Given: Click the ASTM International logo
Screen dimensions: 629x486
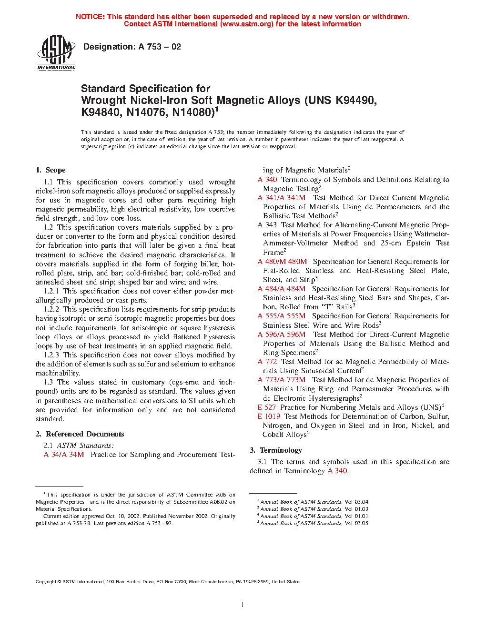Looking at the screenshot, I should pyautogui.click(x=56, y=52).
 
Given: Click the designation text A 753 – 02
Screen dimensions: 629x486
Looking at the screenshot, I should pyautogui.click(x=132, y=47).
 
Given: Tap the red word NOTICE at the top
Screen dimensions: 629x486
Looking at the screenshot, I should pyautogui.click(x=90, y=17).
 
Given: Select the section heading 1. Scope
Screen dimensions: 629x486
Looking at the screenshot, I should pyautogui.click(x=51, y=170).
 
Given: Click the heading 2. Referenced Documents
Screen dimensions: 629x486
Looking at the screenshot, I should pyautogui.click(x=80, y=434).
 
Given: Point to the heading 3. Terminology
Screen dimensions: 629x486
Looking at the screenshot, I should pyautogui.click(x=276, y=450).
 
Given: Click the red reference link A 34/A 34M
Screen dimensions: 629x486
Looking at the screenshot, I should pyautogui.click(x=64, y=455).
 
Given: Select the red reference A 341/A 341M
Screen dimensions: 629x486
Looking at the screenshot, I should pyautogui.click(x=282, y=198).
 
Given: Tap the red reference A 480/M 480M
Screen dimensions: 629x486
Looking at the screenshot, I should pyautogui.click(x=282, y=262).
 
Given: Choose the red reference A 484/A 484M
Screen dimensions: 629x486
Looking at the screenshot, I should pyautogui.click(x=282, y=289).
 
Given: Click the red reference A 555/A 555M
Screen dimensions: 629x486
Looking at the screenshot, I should pyautogui.click(x=282, y=316).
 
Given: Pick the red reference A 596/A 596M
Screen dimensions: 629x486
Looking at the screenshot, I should pyautogui.click(x=282, y=335).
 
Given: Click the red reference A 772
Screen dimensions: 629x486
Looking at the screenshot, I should pyautogui.click(x=267, y=362).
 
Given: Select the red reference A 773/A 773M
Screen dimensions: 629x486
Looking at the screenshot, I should pyautogui.click(x=282, y=380).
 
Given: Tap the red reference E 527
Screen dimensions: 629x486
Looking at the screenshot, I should pyautogui.click(x=267, y=407).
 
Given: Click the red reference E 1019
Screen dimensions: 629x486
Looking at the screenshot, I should pyautogui.click(x=269, y=416).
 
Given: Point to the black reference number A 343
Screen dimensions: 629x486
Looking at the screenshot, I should pyautogui.click(x=267, y=225).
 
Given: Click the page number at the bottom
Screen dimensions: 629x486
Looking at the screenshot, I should pyautogui.click(x=243, y=605).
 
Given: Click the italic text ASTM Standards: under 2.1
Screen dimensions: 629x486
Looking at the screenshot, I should pyautogui.click(x=85, y=446).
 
